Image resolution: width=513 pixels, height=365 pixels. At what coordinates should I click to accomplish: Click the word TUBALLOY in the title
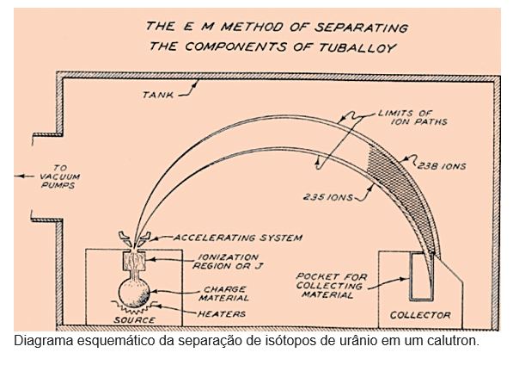click(357, 48)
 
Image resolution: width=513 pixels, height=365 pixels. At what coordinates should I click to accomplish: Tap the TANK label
click(158, 95)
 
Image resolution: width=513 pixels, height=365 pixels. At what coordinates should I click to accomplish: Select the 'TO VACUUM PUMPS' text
click(60, 176)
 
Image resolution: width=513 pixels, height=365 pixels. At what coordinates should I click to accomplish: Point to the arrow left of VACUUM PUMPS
click(24, 176)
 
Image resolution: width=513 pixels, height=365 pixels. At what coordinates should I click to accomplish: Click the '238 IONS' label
click(442, 166)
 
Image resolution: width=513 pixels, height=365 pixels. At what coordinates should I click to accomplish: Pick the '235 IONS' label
click(328, 197)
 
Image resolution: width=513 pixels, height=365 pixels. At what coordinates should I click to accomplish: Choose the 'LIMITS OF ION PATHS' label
click(412, 118)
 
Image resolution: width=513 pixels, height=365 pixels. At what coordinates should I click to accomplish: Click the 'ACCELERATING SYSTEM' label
click(238, 238)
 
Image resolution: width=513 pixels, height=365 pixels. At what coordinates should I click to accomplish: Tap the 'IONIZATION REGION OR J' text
click(228, 262)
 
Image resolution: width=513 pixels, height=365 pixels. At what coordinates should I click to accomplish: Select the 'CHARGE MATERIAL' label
click(224, 294)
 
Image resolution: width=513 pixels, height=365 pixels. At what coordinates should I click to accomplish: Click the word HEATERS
click(222, 314)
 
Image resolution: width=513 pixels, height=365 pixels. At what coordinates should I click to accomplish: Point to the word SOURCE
click(134, 319)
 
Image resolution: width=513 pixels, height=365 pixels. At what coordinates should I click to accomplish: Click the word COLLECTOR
click(420, 315)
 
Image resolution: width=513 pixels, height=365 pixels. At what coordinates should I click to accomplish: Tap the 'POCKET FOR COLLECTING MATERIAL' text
click(332, 286)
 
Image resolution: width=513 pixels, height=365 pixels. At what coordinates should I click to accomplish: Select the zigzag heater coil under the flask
click(134, 307)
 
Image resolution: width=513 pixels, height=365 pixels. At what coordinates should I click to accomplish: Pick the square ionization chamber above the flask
click(134, 261)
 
